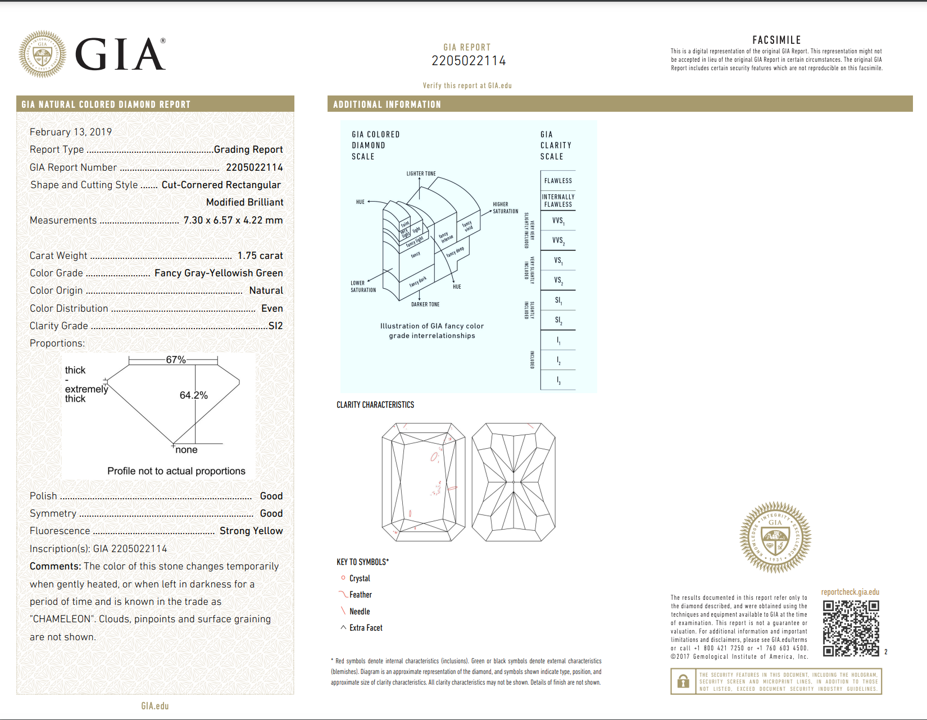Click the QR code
[x=851, y=628]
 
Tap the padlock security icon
[x=683, y=681]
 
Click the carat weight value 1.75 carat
[x=260, y=256]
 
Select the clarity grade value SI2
[x=275, y=326]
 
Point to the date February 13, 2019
[x=71, y=132]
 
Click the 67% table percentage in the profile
[x=175, y=360]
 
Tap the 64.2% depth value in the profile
[x=193, y=395]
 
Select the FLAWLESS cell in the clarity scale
[x=558, y=181]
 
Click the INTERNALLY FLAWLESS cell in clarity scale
[x=558, y=200]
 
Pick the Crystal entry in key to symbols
[x=360, y=578]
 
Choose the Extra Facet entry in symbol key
[x=366, y=628]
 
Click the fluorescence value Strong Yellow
[x=251, y=531]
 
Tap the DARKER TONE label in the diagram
[x=425, y=304]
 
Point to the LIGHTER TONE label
[x=421, y=174]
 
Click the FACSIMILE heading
[x=776, y=40]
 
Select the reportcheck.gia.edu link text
[x=850, y=592]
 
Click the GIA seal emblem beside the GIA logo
[x=42, y=54]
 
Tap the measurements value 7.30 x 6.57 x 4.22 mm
[x=233, y=220]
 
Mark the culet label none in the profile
[x=187, y=450]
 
